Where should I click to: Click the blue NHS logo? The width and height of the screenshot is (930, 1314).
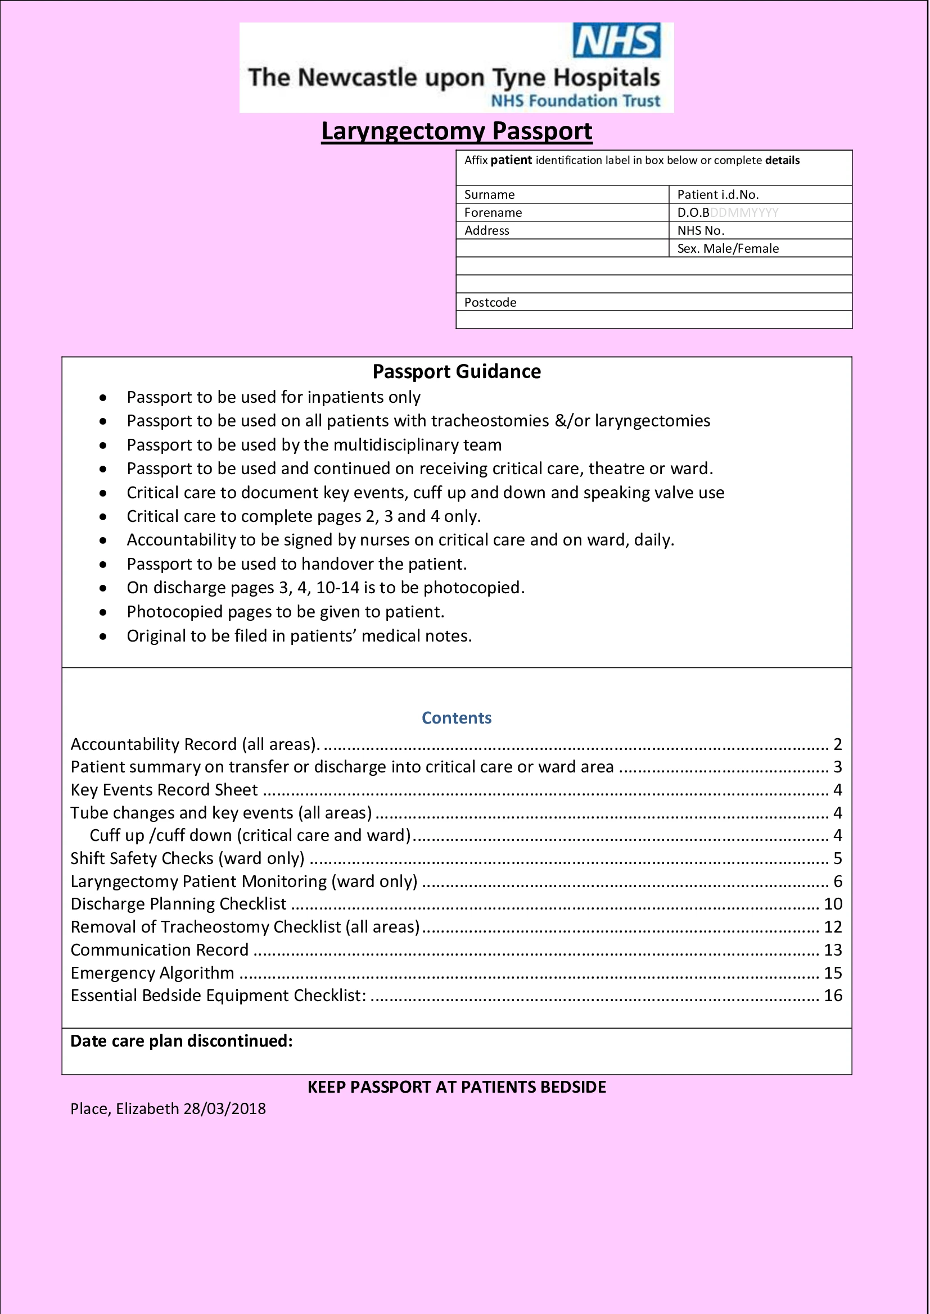point(616,40)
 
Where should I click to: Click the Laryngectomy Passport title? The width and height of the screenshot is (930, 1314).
point(457,131)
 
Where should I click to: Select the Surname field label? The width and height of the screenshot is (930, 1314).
point(489,194)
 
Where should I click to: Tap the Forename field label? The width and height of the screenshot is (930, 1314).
point(493,213)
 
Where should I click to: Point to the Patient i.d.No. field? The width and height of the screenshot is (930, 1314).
point(717,194)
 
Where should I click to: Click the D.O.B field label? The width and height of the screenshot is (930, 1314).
point(693,213)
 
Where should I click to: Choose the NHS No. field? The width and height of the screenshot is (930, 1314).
point(701,231)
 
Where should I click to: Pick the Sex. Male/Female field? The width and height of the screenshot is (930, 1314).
point(727,248)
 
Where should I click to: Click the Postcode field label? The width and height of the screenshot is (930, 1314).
point(490,302)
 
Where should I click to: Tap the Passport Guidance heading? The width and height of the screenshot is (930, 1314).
point(457,371)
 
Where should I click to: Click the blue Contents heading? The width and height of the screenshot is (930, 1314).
point(457,717)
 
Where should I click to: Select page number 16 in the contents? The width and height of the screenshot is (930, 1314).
point(833,995)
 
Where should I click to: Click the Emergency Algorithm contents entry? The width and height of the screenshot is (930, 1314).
point(152,972)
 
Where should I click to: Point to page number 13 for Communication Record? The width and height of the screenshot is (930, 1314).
point(833,949)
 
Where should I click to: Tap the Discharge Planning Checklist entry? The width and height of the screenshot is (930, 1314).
point(178,904)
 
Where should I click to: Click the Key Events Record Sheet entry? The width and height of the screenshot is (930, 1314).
point(164,790)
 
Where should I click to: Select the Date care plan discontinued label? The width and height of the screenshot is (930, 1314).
point(181,1040)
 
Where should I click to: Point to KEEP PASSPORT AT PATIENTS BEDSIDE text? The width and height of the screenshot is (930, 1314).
point(457,1087)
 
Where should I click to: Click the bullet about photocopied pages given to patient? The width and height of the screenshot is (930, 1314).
point(285,612)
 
